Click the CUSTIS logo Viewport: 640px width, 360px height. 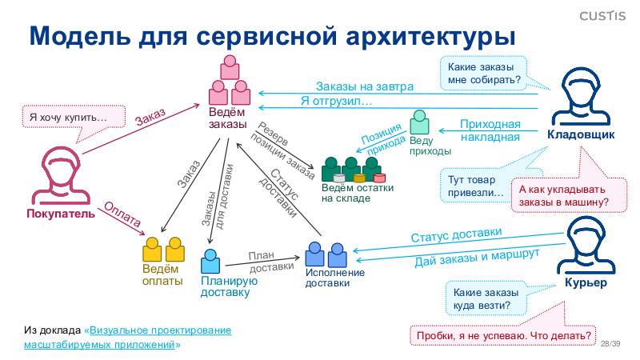(x=606, y=14)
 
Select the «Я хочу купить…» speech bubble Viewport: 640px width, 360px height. (x=67, y=117)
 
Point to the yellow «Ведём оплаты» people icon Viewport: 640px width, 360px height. (x=162, y=250)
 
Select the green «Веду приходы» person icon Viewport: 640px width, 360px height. (x=419, y=122)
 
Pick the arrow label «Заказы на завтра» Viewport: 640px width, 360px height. (x=364, y=86)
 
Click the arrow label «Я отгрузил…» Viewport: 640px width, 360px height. (x=337, y=101)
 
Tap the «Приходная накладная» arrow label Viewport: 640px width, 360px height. (x=490, y=130)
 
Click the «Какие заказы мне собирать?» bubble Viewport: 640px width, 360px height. (x=482, y=74)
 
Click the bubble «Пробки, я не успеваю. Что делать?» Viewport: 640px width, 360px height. (x=504, y=335)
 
